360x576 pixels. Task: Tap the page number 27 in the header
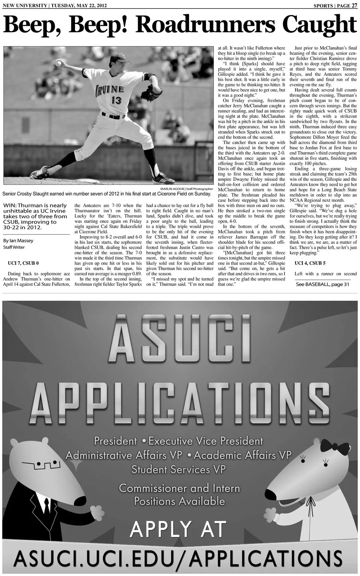[x=354, y=6]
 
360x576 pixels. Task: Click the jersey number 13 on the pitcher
[x=117, y=100]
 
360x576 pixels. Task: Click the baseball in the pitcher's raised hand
[x=58, y=63]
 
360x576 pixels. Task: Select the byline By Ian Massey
[x=18, y=241]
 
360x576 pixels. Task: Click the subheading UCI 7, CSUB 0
[x=23, y=263]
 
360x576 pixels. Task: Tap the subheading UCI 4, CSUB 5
[x=310, y=263]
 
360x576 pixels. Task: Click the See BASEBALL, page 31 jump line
[x=322, y=284]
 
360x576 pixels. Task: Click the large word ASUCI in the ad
[x=179, y=340]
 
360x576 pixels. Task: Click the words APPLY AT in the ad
[x=178, y=529]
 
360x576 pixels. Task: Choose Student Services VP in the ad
[x=178, y=469]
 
